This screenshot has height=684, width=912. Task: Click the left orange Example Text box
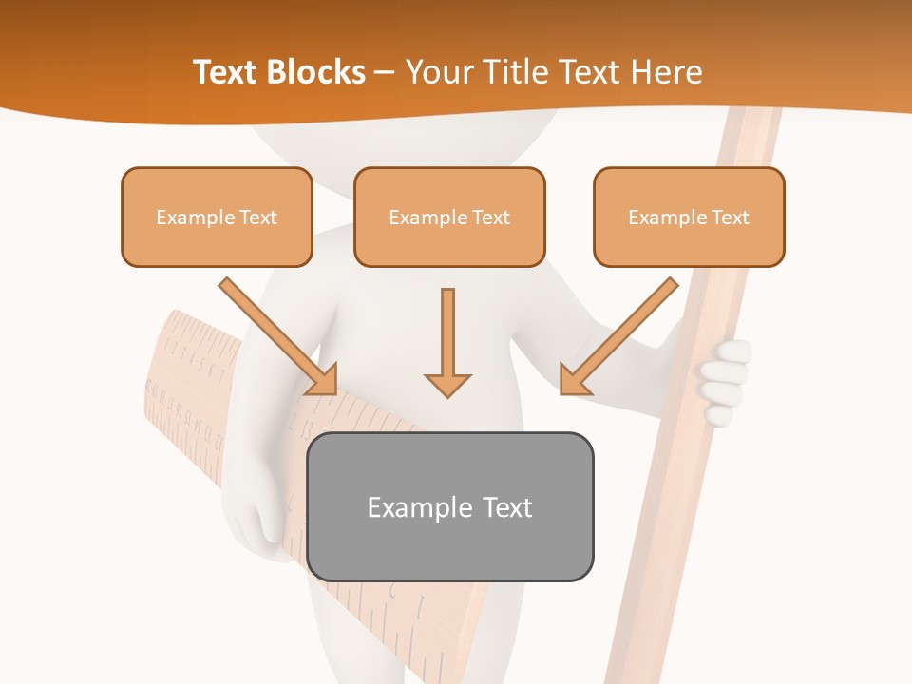pos(217,218)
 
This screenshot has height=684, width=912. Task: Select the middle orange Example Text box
pos(449,218)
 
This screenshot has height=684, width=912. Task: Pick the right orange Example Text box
pos(689,218)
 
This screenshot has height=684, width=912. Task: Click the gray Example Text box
pos(449,507)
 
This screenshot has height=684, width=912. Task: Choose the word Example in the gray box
pos(414,507)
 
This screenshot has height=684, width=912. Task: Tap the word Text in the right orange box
pos(730,218)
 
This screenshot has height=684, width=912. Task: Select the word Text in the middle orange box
pos(490,218)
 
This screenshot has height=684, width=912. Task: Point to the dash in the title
pos(385,72)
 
